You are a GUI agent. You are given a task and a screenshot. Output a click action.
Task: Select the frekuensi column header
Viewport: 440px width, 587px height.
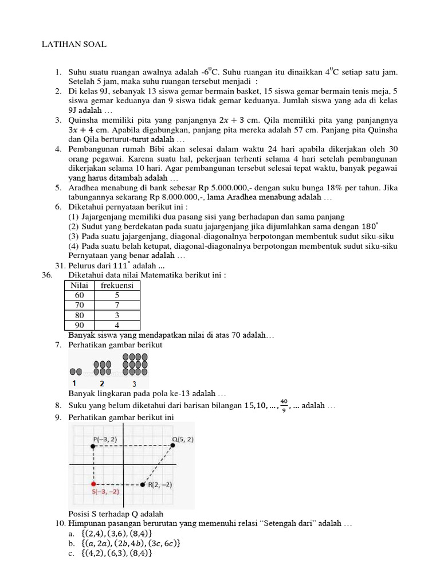pyautogui.click(x=117, y=285)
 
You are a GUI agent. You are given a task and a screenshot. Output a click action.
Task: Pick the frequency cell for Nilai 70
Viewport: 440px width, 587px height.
pyautogui.click(x=117, y=305)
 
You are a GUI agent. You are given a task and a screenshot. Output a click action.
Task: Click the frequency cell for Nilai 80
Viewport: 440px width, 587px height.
pyautogui.click(x=117, y=315)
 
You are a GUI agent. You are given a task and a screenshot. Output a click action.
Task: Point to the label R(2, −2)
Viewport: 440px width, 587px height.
pyautogui.click(x=160, y=485)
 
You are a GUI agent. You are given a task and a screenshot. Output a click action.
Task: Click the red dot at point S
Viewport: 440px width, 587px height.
pyautogui.click(x=93, y=485)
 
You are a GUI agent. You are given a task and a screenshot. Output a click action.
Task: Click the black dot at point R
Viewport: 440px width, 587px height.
pyautogui.click(x=143, y=485)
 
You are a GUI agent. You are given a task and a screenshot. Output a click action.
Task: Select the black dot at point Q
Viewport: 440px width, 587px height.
pyautogui.click(x=173, y=445)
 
